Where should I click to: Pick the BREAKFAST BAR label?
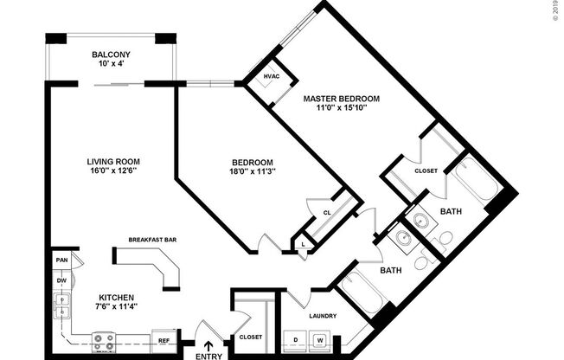pyautogui.click(x=152, y=240)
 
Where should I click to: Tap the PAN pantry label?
pyautogui.click(x=61, y=260)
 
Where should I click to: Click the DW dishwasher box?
pyautogui.click(x=61, y=280)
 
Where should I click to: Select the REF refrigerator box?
pyautogui.click(x=163, y=340)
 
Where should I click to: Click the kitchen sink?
pyautogui.click(x=61, y=305)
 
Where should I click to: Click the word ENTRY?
pyautogui.click(x=208, y=355)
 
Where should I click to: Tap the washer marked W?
pyautogui.click(x=319, y=340)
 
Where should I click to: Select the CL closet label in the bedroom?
pyautogui.click(x=328, y=213)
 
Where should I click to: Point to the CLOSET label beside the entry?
pyautogui.click(x=250, y=337)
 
